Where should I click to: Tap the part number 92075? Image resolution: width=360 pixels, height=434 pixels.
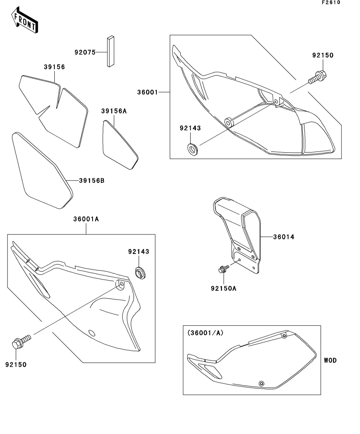tap(85, 52)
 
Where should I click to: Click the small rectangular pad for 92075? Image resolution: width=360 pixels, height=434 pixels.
tap(110, 51)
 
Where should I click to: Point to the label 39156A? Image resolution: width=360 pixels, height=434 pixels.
tap(114, 111)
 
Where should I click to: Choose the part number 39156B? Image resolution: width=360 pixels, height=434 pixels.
tap(92, 181)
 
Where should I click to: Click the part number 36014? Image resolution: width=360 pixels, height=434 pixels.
tap(284, 237)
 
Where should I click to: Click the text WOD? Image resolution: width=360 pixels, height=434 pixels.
tap(330, 360)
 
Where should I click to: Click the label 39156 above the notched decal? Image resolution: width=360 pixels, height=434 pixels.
tap(54, 67)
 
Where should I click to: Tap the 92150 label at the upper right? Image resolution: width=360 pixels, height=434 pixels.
tap(323, 55)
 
